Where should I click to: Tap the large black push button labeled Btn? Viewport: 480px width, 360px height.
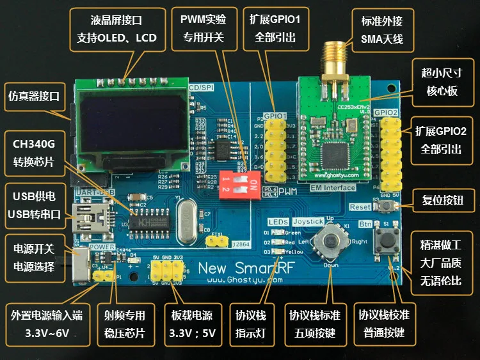point(386,241)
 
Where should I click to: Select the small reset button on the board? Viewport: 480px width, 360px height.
point(388,207)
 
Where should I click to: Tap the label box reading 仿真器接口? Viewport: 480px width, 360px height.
point(34,96)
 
